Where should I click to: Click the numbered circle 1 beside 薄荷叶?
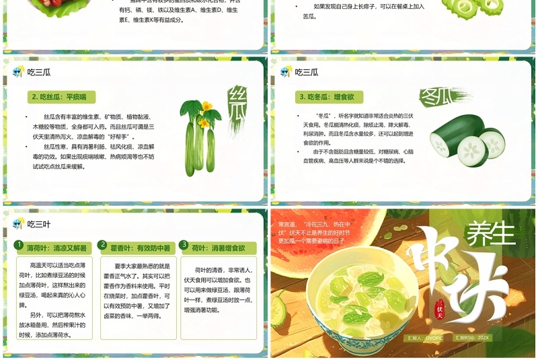(x=20, y=246)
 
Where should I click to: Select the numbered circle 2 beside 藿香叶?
(x=103, y=246)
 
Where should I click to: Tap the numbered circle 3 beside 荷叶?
(x=185, y=246)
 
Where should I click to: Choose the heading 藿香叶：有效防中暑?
(x=140, y=248)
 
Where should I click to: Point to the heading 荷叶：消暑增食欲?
(x=219, y=248)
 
